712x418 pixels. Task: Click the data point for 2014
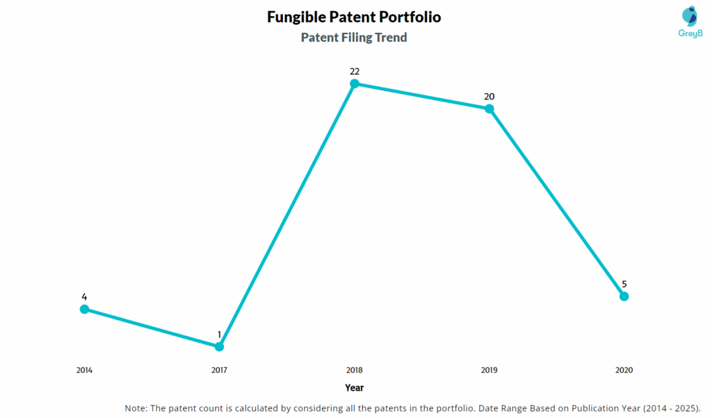[84, 309]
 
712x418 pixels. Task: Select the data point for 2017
[219, 346]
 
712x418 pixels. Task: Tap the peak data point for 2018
[354, 83]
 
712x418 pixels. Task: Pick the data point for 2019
[489, 108]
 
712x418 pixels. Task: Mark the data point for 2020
[624, 296]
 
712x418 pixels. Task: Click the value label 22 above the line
[354, 71]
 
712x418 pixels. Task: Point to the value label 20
[489, 96]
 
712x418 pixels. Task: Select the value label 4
[84, 297]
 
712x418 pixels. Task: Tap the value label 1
[219, 335]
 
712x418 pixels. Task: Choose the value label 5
[624, 284]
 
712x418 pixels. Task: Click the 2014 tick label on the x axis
[84, 370]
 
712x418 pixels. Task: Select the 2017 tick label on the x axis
[219, 370]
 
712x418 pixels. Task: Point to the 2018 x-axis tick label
[354, 370]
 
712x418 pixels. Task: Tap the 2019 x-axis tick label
[489, 370]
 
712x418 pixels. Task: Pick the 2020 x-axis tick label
[624, 370]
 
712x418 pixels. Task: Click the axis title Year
[354, 387]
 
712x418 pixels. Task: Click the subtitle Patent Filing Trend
[354, 38]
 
